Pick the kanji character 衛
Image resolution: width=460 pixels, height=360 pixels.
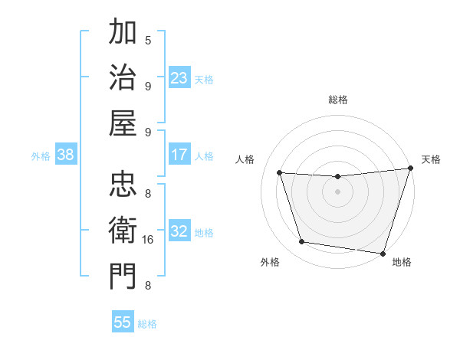click(x=123, y=231)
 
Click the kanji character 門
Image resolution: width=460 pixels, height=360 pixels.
click(x=123, y=277)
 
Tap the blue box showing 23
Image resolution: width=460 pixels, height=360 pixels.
click(x=179, y=78)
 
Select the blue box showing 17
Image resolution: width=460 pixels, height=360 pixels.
click(x=179, y=155)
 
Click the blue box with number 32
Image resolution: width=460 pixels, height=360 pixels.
click(x=179, y=231)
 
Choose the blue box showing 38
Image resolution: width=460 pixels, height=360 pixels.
click(x=65, y=155)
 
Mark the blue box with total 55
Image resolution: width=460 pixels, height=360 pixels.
click(x=123, y=322)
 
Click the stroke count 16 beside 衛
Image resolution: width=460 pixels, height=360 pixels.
click(x=148, y=240)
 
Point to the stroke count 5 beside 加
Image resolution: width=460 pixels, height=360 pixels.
click(x=148, y=40)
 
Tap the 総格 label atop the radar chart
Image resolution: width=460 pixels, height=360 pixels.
click(x=337, y=100)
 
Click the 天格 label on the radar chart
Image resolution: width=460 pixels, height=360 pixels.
click(x=431, y=159)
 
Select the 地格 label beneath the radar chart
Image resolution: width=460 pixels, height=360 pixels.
click(x=402, y=262)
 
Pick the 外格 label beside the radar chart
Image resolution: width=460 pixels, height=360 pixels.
click(x=270, y=262)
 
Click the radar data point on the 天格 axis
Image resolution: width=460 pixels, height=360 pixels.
click(x=410, y=169)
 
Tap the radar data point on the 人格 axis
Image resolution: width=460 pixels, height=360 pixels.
click(x=280, y=173)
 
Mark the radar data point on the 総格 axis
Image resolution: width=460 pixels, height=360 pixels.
click(x=337, y=177)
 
